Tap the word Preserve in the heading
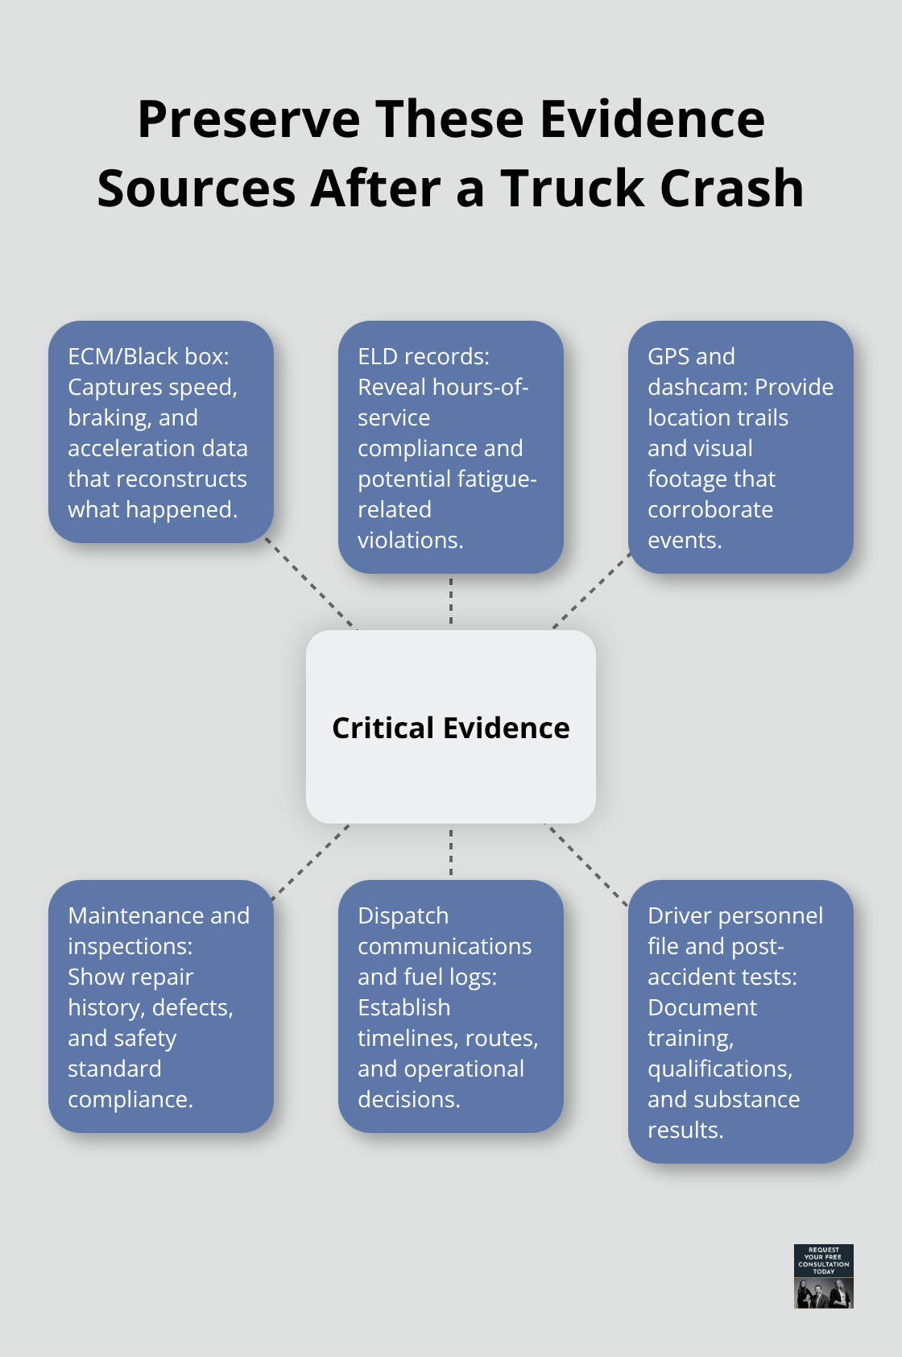pyautogui.click(x=249, y=119)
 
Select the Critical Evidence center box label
pyautogui.click(x=450, y=728)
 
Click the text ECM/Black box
pyautogui.click(x=148, y=356)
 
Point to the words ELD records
pyautogui.click(x=423, y=356)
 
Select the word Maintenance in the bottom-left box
pyautogui.click(x=125, y=915)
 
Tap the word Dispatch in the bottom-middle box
pyautogui.click(x=403, y=915)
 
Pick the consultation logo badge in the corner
pyautogui.click(x=823, y=1276)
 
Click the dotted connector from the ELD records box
pyautogui.click(x=451, y=601)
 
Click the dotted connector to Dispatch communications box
pyautogui.click(x=451, y=852)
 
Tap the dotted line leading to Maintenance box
pyautogui.click(x=311, y=861)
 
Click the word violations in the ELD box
pyautogui.click(x=409, y=540)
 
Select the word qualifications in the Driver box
pyautogui.click(x=719, y=1069)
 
